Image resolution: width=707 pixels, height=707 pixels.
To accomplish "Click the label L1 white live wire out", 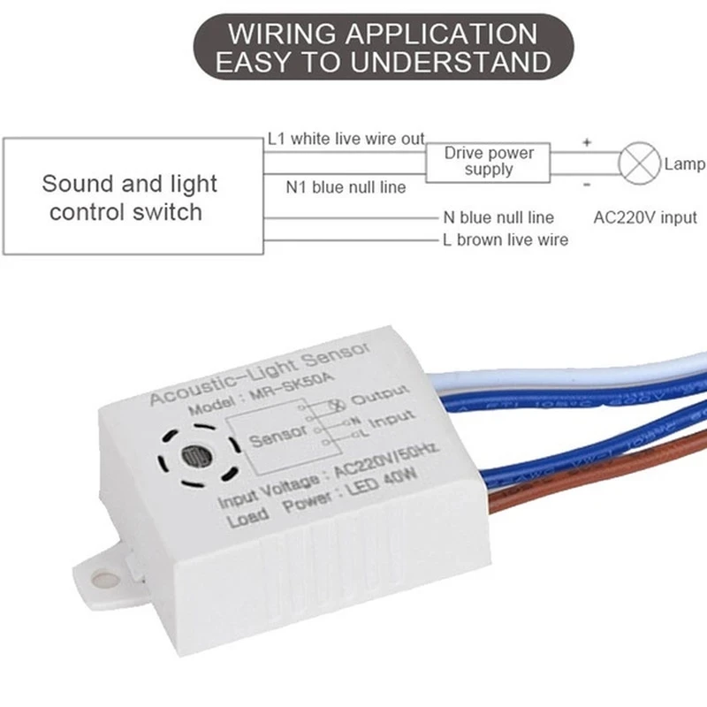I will point(346,139).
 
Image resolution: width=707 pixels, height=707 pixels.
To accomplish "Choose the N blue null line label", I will point(498,217).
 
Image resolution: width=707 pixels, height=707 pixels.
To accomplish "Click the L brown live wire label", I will point(506,239).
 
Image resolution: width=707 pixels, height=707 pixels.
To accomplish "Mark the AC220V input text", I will point(645,217).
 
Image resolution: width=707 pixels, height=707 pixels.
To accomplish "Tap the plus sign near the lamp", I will point(586,141).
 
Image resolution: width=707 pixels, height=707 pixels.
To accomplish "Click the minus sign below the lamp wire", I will point(586,185).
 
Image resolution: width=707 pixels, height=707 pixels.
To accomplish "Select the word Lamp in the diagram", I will point(684,164).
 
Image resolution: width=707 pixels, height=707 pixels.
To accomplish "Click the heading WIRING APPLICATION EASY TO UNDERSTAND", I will point(382,48).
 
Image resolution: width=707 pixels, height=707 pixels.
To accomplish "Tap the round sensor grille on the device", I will point(193,457).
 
